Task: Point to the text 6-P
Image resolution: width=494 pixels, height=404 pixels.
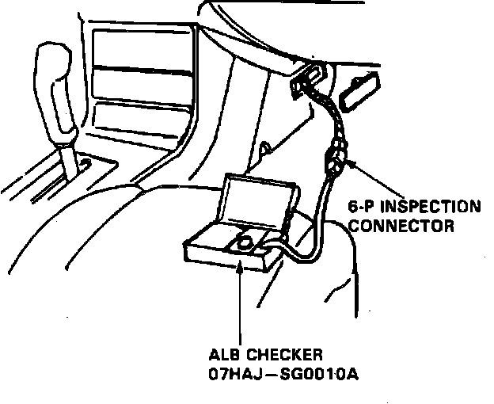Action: point(359,208)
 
